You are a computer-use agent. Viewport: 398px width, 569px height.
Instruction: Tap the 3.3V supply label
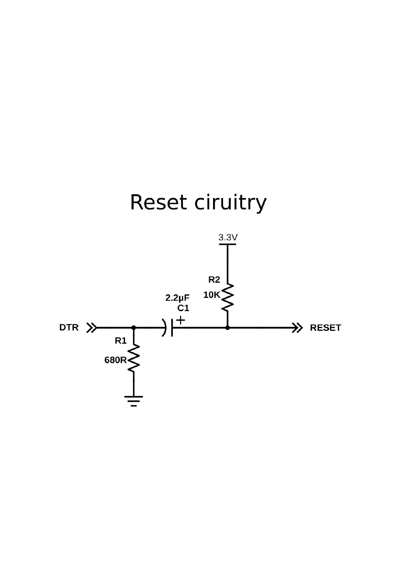tap(228, 238)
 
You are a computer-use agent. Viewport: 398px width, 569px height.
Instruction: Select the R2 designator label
tap(214, 279)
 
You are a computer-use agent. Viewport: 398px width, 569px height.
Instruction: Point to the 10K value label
tap(211, 295)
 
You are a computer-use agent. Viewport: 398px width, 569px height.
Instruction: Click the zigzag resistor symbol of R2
tap(228, 297)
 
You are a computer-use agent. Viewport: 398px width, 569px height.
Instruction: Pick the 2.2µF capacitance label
tap(177, 298)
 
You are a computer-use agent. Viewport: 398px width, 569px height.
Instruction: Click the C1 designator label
tap(183, 308)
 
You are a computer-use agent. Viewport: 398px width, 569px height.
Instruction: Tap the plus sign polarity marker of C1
tap(180, 320)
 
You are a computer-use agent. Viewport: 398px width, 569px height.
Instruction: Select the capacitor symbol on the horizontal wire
tap(169, 327)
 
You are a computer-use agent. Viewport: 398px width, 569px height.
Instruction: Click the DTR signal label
tap(69, 328)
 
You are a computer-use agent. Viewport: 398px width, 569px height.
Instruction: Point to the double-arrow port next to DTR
tap(91, 328)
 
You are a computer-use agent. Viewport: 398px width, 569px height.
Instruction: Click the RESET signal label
tap(325, 328)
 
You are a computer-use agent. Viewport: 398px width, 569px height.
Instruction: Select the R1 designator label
tap(121, 341)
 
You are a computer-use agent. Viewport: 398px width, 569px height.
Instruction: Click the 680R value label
tap(116, 360)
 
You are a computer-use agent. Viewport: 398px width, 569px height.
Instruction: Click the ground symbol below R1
tap(134, 401)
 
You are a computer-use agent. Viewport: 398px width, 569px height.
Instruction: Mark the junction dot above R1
tap(134, 328)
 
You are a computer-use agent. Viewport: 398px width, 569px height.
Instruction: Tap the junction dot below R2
tap(228, 328)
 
